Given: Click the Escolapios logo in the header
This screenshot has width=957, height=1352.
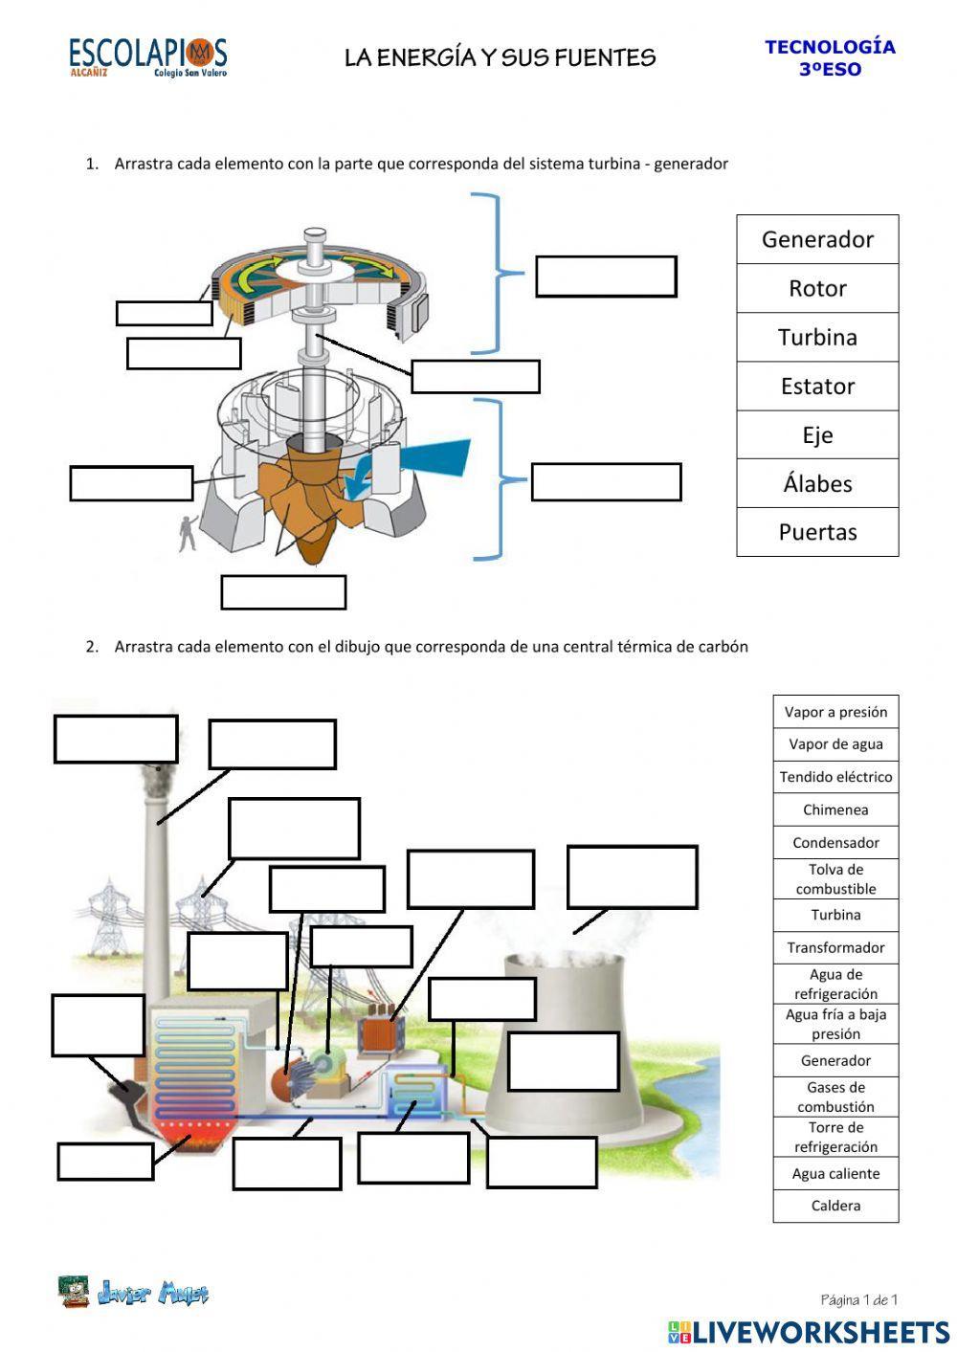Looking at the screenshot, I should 147,56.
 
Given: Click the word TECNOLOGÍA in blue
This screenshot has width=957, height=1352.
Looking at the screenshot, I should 830,47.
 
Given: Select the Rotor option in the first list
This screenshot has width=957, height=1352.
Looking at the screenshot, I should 817,288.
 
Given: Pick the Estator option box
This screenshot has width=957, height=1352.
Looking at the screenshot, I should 817,387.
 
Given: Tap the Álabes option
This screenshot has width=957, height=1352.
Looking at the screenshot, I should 817,483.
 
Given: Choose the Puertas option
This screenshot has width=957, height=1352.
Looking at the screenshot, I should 817,532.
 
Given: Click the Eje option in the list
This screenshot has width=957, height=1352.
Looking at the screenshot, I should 817,435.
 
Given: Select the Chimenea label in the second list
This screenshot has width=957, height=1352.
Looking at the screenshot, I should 835,810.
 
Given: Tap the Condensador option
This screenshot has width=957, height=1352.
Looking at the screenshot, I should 835,843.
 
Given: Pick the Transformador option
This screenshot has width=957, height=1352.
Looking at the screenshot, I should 835,948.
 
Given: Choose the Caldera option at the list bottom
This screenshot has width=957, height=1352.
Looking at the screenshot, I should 835,1206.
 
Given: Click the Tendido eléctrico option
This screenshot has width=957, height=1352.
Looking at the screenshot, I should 835,777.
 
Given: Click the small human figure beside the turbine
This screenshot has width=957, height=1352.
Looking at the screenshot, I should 188,532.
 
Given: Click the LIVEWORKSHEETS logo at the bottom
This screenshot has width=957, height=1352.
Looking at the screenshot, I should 809,1331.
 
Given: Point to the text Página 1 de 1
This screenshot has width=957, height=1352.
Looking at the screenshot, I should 858,1299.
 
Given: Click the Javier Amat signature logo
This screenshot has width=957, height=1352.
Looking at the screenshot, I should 134,1293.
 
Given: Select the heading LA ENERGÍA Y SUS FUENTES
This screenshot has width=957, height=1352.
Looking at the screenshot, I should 500,58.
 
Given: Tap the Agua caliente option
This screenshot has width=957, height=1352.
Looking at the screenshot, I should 835,1174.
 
